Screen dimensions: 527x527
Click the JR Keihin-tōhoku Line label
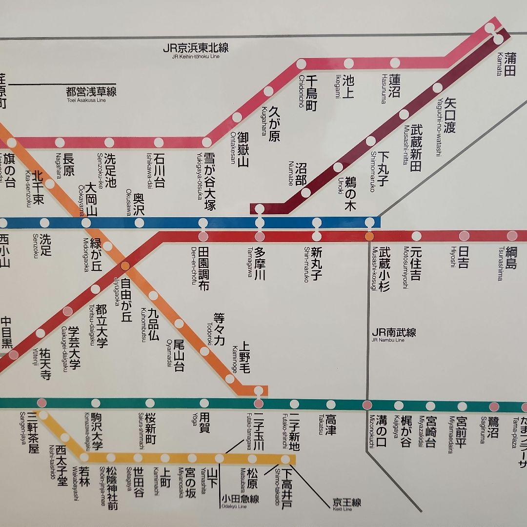pos(196,50)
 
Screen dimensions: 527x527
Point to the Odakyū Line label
pos(240,500)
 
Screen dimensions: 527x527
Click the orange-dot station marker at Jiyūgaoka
pos(125,266)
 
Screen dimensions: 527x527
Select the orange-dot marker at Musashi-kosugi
pos(369,236)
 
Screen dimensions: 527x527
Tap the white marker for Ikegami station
pos(348,63)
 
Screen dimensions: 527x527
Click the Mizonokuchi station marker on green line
pos(367,405)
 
